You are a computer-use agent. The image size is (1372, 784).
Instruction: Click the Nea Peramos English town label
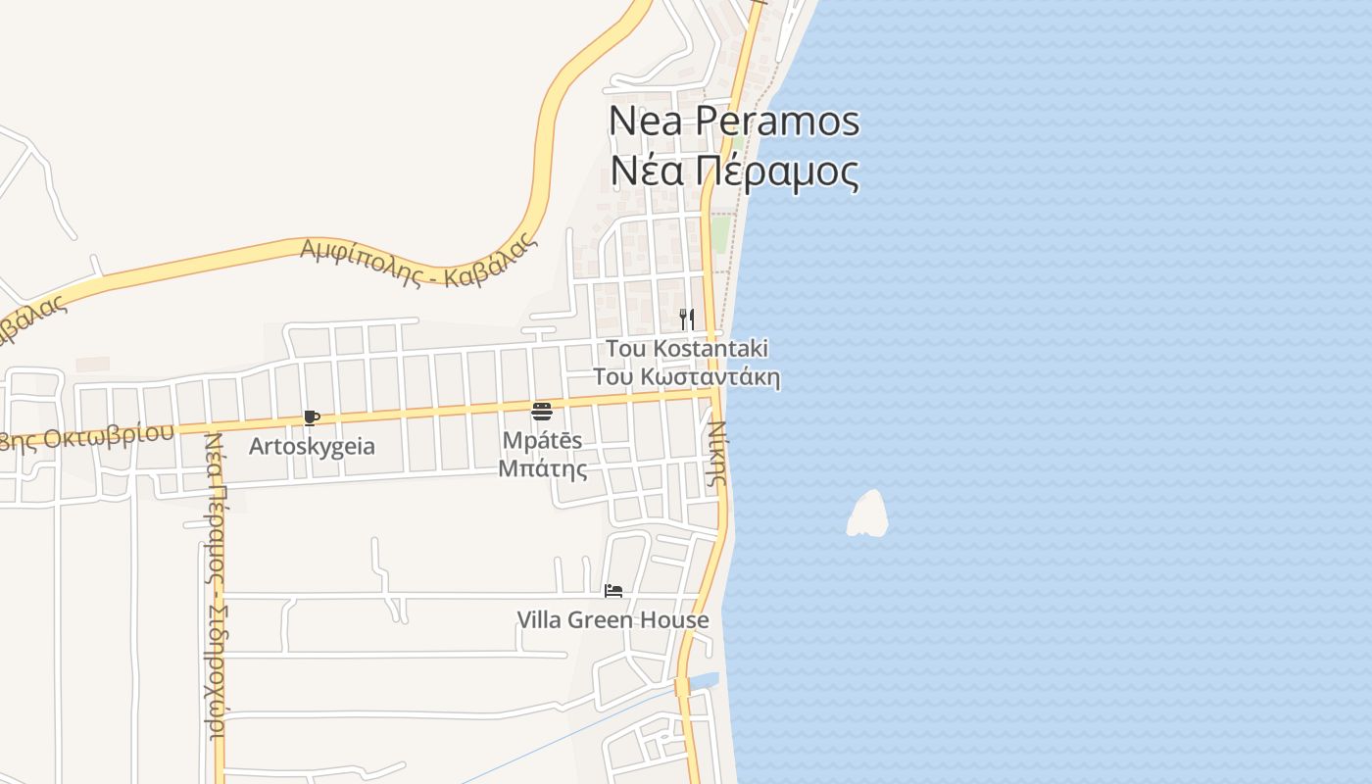[734, 121]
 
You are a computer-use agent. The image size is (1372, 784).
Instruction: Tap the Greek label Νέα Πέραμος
[734, 171]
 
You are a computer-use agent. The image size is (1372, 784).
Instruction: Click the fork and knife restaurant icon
[687, 318]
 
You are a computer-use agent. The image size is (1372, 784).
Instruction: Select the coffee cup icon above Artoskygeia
[312, 418]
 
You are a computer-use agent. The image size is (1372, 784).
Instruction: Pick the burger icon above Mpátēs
[542, 411]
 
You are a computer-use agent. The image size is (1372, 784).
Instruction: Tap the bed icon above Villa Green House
[613, 590]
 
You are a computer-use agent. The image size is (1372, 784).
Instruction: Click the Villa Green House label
[612, 620]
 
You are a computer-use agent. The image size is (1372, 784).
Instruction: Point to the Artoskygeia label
[312, 446]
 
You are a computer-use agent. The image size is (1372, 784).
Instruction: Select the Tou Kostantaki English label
[686, 348]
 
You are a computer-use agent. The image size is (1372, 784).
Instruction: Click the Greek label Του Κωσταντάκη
[686, 377]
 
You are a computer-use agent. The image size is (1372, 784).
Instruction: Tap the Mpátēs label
[542, 440]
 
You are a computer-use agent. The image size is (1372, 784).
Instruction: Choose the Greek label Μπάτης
[542, 468]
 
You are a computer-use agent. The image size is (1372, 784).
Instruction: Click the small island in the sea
[867, 515]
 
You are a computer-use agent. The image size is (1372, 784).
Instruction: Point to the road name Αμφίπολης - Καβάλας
[419, 260]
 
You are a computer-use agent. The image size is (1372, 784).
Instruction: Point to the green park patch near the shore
[721, 234]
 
